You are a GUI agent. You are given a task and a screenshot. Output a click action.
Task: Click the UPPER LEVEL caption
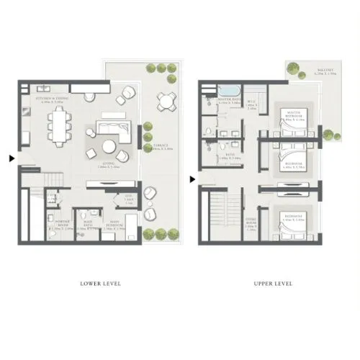(x=273, y=284)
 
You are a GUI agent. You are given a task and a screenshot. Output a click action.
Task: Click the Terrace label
(x=163, y=146)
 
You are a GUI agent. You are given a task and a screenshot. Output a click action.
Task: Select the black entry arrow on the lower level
(x=10, y=158)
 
